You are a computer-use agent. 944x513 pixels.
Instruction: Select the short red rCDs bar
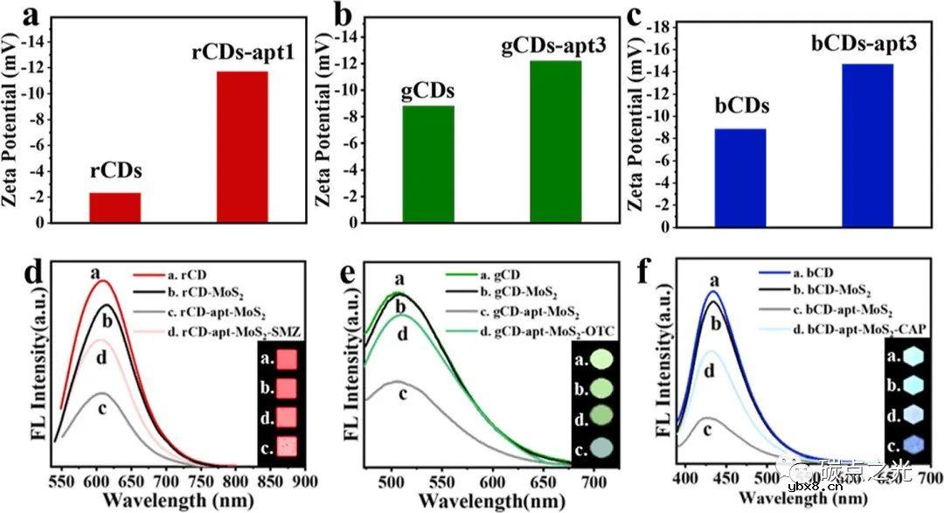coord(115,207)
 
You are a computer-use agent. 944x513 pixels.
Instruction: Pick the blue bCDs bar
coord(740,177)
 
